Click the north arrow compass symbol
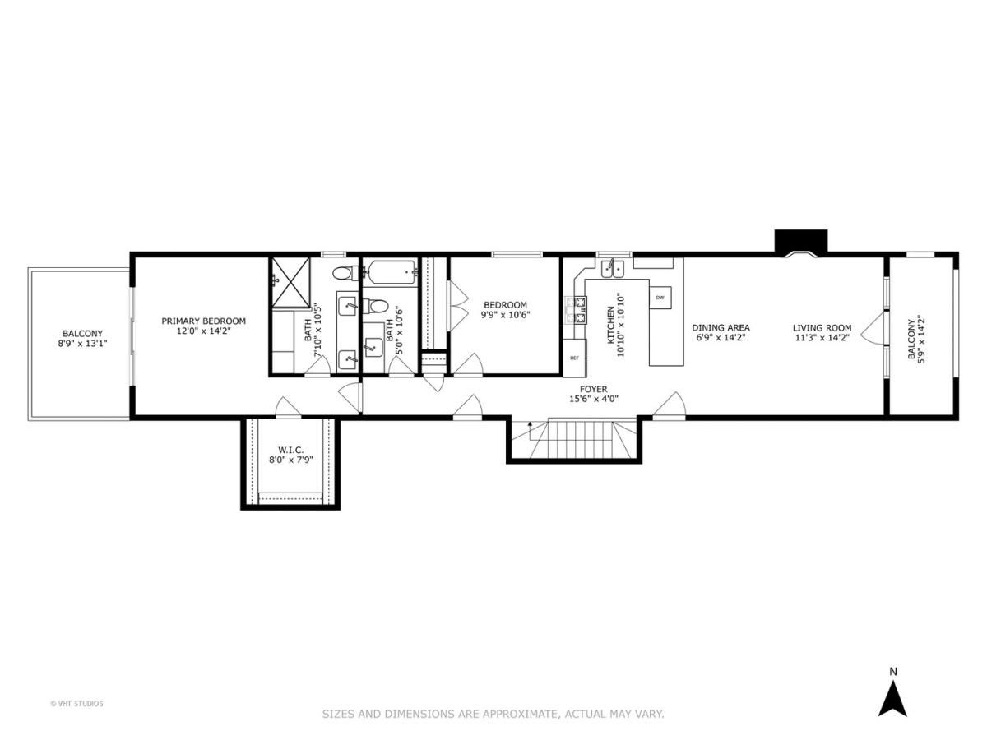tap(892, 698)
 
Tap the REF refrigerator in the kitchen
tap(574, 358)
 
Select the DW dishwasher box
tap(660, 297)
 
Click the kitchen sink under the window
tap(613, 268)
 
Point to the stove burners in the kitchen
tap(574, 311)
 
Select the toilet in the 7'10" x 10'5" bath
tap(344, 273)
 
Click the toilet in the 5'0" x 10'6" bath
tap(377, 307)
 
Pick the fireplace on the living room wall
tap(800, 243)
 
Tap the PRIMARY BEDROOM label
tap(203, 321)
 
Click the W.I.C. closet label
tap(291, 450)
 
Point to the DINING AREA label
tap(721, 327)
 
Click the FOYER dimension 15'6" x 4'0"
tap(593, 399)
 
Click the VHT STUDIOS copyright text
tap(77, 703)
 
